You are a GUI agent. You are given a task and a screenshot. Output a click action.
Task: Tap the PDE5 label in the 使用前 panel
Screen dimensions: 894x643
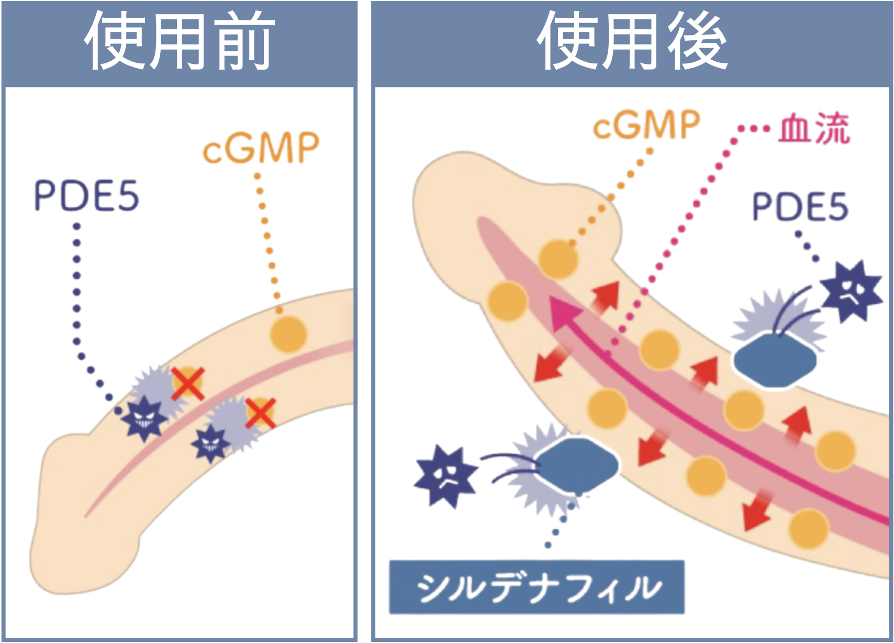[x=86, y=195]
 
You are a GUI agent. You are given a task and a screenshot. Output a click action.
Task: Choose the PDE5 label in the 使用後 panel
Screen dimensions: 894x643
[x=800, y=206]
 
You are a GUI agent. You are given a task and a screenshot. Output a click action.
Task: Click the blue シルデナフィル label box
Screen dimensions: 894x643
[x=537, y=586]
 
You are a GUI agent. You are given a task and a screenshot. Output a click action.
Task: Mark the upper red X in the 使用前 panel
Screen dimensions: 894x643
[x=188, y=384]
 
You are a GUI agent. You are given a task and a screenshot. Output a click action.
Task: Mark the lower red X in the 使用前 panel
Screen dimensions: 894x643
[x=260, y=413]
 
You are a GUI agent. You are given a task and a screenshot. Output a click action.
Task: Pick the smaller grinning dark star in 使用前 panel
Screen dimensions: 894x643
[x=210, y=444]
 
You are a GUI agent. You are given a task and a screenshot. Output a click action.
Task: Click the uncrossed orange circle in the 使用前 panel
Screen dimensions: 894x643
[x=288, y=334]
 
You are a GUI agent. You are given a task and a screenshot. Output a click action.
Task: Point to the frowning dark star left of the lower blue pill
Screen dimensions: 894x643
[x=446, y=476]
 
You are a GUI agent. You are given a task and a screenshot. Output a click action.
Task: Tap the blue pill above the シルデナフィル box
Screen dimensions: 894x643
[x=577, y=465]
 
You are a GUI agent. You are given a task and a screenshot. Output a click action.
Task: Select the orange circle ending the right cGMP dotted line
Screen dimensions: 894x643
[x=558, y=258]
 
